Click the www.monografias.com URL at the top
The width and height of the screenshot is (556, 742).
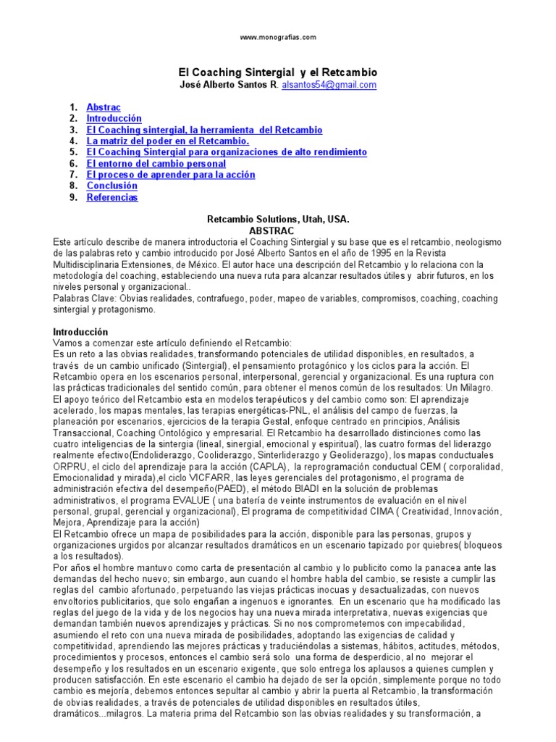click(x=278, y=37)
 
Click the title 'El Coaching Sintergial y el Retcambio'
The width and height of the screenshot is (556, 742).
click(x=278, y=73)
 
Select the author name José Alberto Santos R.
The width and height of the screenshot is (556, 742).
click(x=227, y=85)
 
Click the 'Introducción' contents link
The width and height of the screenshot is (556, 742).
click(x=114, y=118)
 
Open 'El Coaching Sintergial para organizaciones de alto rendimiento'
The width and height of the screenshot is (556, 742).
click(x=227, y=152)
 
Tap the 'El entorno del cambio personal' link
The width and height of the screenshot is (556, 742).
click(x=156, y=164)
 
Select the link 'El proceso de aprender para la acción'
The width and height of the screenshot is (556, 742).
click(x=171, y=175)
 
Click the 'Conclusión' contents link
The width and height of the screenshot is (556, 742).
click(x=112, y=186)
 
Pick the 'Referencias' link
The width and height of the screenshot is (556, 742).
click(x=112, y=197)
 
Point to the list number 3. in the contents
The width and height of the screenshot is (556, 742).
click(x=73, y=130)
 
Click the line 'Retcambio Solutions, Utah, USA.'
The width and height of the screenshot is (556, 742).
click(x=278, y=218)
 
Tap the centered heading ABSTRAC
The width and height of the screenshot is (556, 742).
click(x=278, y=230)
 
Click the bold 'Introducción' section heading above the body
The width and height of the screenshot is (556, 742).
click(x=81, y=331)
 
